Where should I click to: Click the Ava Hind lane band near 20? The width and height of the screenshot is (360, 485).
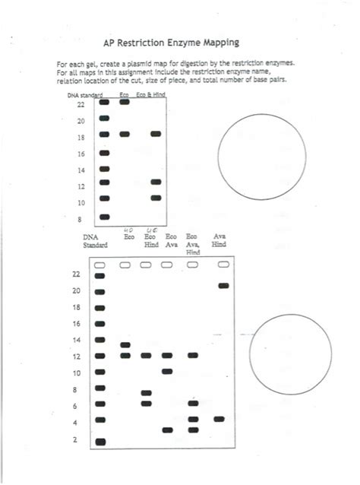(223, 286)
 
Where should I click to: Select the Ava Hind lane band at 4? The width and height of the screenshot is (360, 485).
(219, 418)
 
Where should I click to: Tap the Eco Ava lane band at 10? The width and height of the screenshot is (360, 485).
(168, 372)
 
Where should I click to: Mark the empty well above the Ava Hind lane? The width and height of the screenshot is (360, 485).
(223, 265)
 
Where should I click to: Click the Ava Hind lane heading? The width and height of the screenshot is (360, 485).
(219, 239)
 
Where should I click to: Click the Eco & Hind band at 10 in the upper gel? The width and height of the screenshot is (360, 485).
(156, 198)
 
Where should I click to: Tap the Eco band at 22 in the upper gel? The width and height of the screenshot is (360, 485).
(125, 101)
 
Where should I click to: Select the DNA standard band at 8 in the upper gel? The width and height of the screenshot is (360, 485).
(105, 214)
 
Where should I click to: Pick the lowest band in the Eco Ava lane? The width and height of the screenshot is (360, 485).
(168, 430)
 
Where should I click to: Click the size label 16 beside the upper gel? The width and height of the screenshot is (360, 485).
(81, 154)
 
